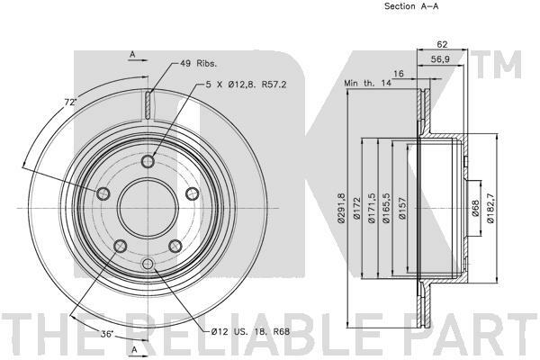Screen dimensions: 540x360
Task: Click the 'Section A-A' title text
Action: (x=411, y=6)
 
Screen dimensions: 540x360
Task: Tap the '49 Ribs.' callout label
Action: (x=198, y=63)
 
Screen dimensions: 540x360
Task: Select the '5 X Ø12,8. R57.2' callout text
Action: (x=246, y=85)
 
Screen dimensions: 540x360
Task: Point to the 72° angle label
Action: (x=70, y=103)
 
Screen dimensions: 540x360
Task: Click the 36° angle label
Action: (x=107, y=334)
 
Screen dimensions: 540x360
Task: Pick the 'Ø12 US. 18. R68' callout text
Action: (x=250, y=332)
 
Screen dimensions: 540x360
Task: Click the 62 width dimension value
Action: (x=442, y=44)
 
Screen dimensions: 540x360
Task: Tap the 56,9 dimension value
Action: (x=440, y=59)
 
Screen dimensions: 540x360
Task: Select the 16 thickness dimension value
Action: (x=398, y=74)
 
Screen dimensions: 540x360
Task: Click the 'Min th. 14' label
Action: (x=367, y=83)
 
